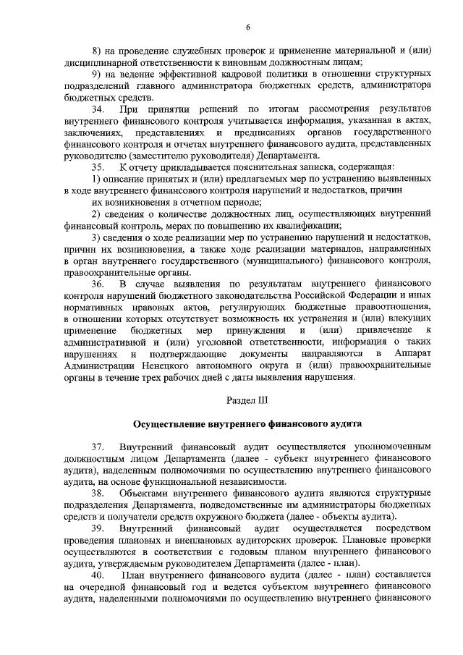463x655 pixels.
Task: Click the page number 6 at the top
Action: tap(247, 27)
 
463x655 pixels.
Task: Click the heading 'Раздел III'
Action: tap(247, 400)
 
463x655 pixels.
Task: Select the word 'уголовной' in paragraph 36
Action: tap(234, 342)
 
